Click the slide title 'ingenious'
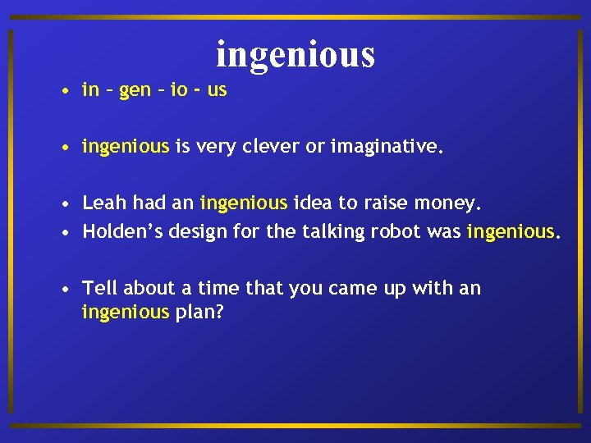point(295,54)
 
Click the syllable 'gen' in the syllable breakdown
point(135,90)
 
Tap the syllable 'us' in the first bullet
point(217,90)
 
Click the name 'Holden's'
point(122,231)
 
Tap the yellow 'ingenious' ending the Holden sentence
point(511,232)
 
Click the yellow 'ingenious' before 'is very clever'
point(125,148)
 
